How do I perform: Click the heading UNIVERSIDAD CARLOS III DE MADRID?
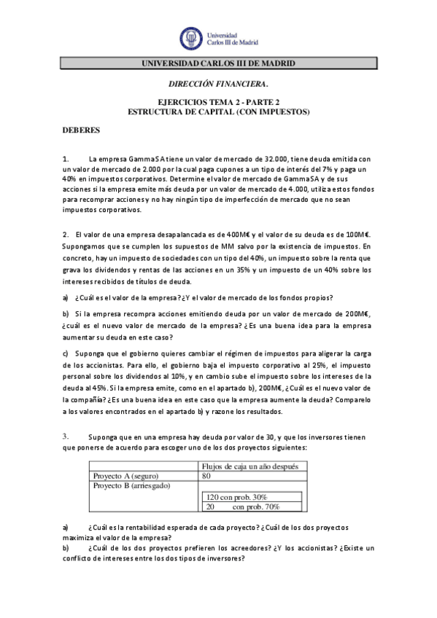(218, 64)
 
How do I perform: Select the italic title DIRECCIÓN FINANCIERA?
(218, 85)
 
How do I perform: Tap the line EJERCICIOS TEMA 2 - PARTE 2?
(219, 103)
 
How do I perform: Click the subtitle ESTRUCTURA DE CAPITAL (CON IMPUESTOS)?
(219, 112)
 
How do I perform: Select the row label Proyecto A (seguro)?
(127, 476)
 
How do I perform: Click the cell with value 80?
(206, 476)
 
